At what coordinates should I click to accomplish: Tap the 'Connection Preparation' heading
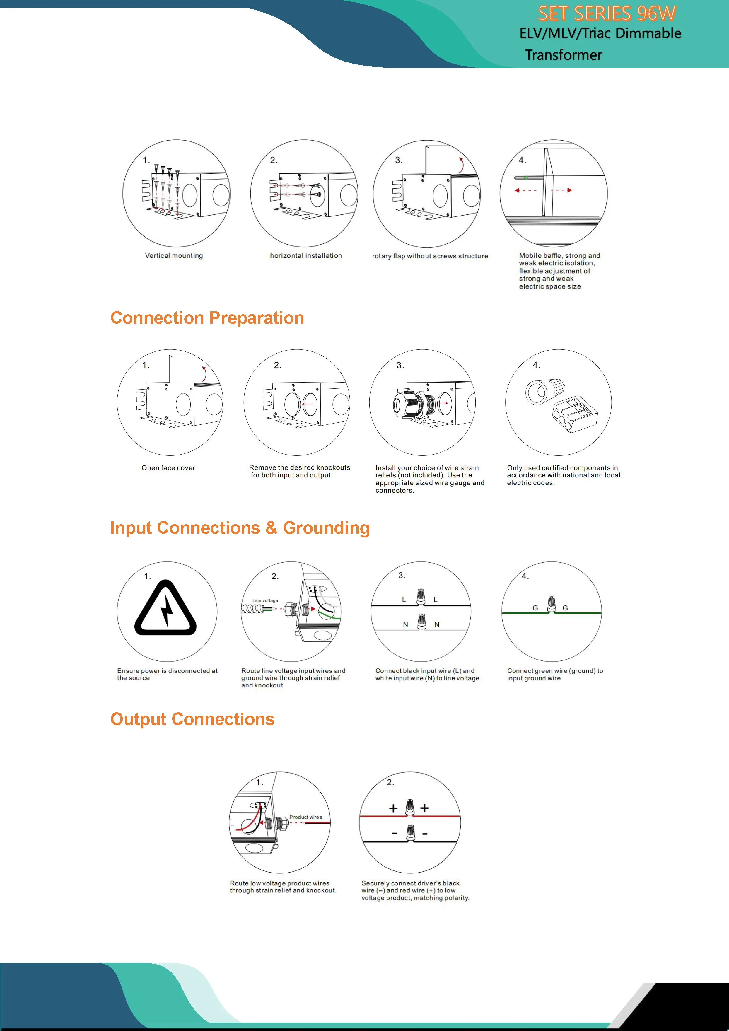click(207, 318)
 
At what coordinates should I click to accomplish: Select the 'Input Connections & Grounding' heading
click(240, 528)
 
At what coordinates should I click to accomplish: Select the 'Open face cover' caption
click(168, 468)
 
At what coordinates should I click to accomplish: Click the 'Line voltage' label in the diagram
click(265, 600)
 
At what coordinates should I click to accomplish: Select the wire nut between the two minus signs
click(410, 833)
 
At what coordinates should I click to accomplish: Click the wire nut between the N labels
click(421, 622)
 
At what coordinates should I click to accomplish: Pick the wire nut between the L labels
click(421, 596)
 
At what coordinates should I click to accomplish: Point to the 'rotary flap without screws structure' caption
click(430, 256)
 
